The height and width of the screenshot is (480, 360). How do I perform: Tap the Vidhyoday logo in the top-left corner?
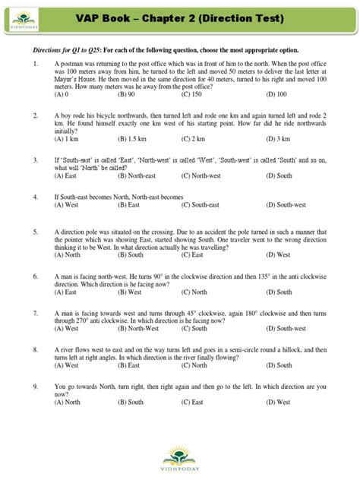(17, 16)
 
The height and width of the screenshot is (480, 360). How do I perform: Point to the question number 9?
(36, 384)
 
